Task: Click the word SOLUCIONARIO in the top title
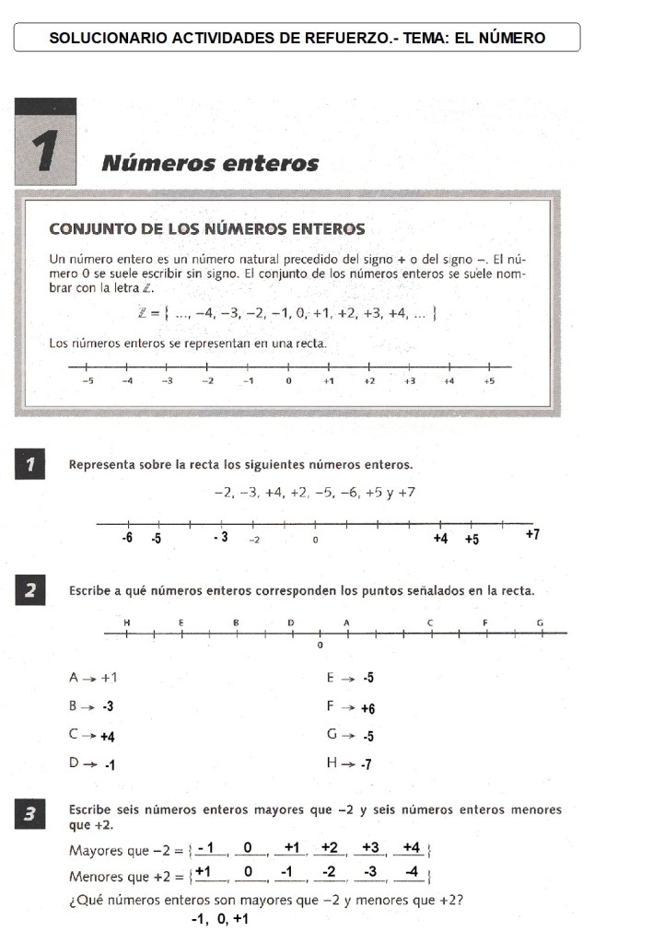coord(108,38)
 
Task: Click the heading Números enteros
coord(210,164)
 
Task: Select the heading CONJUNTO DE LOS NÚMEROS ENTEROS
coord(206,228)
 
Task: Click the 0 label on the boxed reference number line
coord(288,380)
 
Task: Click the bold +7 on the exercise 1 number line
coord(531,534)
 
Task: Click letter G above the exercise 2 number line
coord(540,623)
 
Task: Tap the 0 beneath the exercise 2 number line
coord(320,646)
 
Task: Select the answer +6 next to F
coord(367,708)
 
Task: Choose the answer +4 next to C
coord(107,736)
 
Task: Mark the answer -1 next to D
coord(108,763)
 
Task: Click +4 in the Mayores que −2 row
coord(412,847)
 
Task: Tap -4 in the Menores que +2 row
coord(412,871)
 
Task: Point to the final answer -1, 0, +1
coord(218,919)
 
